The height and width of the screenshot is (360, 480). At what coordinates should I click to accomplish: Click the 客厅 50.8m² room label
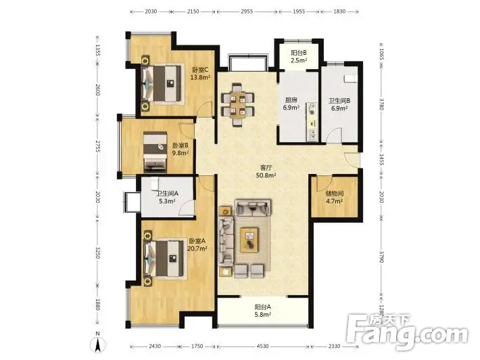[x=266, y=172]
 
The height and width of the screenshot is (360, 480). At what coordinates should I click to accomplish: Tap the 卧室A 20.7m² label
[x=197, y=245]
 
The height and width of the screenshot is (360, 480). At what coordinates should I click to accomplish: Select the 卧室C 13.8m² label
[x=200, y=74]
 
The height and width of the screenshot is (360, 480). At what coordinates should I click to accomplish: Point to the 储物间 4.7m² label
[x=334, y=198]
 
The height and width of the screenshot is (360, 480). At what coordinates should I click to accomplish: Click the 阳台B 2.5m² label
[x=299, y=57]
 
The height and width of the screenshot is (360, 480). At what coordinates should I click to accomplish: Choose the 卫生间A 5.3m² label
[x=167, y=198]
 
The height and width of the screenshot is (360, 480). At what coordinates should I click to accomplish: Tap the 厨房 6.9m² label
[x=291, y=104]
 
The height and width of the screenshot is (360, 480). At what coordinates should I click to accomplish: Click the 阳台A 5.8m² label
[x=263, y=311]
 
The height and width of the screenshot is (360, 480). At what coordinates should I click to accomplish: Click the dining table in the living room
[x=238, y=104]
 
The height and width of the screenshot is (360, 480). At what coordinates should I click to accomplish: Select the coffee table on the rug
[x=249, y=240]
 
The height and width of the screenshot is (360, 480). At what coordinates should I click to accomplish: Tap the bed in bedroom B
[x=155, y=152]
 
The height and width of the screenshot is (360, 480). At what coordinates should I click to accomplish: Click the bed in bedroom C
[x=161, y=83]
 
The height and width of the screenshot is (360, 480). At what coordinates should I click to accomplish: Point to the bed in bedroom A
[x=166, y=258]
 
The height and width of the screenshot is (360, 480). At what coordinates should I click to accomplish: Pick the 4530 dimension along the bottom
[x=263, y=346]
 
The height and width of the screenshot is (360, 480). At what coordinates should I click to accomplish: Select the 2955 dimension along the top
[x=247, y=12]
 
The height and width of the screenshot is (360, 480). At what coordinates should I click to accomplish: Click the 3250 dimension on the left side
[x=97, y=252]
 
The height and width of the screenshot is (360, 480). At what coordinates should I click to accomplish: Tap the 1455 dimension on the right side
[x=381, y=159]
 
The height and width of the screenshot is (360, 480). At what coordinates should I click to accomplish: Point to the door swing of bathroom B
[x=334, y=135]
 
